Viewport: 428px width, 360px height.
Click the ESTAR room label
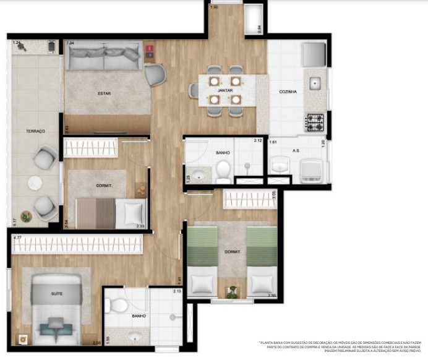pyautogui.click(x=103, y=94)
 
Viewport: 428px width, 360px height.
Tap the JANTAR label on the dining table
pyautogui.click(x=224, y=90)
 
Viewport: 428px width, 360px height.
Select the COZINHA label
pyautogui.click(x=288, y=92)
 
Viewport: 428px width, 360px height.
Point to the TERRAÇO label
pyautogui.click(x=35, y=131)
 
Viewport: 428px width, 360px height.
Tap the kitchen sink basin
pyautogui.click(x=315, y=83)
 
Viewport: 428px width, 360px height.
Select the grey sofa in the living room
pyautogui.click(x=104, y=58)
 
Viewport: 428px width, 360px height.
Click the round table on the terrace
pyautogui.click(x=34, y=183)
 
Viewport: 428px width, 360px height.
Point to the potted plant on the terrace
pyautogui.click(x=26, y=216)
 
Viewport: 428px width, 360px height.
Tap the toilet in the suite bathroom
pyautogui.click(x=116, y=304)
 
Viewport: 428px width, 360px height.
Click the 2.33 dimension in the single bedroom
pyautogui.click(x=140, y=226)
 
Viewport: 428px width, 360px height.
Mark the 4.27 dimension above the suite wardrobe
pyautogui.click(x=17, y=237)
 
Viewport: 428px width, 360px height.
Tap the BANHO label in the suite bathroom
pyautogui.click(x=139, y=316)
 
